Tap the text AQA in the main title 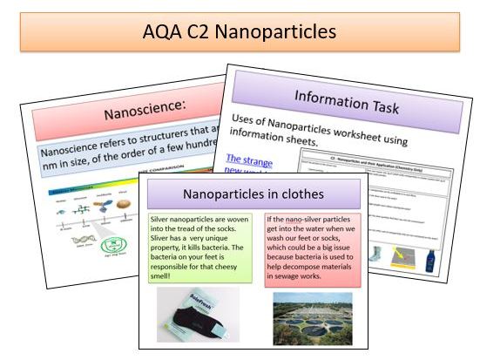click(x=163, y=32)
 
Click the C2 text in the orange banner click(x=202, y=32)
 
